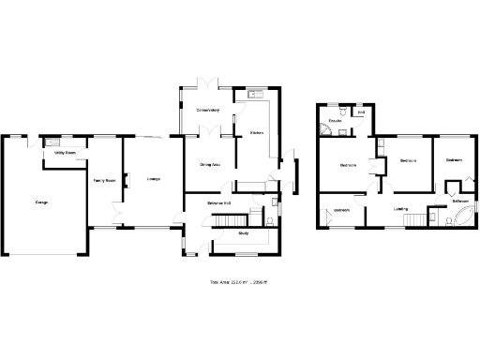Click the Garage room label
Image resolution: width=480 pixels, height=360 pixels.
(x=41, y=202)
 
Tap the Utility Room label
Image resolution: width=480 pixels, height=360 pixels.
(x=65, y=151)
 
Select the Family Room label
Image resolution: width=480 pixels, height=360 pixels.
(x=103, y=180)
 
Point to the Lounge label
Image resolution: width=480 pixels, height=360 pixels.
(x=153, y=178)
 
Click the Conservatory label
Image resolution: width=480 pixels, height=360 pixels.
(x=207, y=111)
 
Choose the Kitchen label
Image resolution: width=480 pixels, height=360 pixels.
(x=256, y=133)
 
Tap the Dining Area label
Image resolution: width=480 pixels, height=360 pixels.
(x=210, y=164)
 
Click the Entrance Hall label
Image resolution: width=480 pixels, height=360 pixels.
(x=219, y=202)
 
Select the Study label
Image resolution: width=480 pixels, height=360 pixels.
(x=243, y=232)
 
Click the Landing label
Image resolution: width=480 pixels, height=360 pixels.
(x=400, y=208)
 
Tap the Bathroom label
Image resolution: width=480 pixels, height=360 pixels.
(x=460, y=201)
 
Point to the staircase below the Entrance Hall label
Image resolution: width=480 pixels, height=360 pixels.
(x=225, y=219)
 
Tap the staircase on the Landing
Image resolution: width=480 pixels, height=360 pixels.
(x=413, y=219)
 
